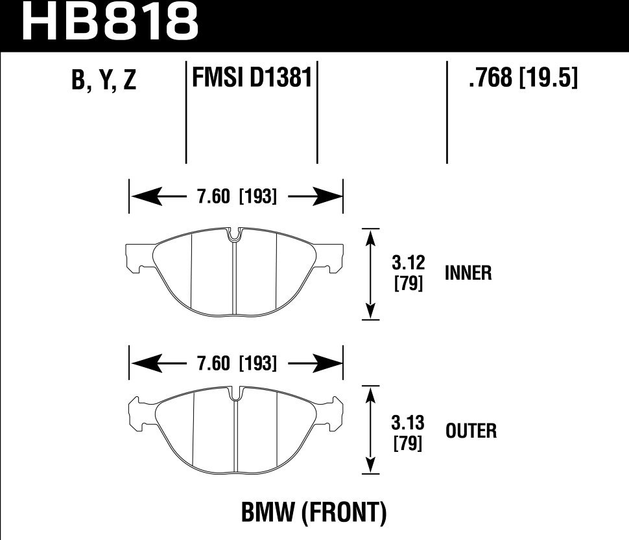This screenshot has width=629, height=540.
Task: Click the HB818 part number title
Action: [110, 23]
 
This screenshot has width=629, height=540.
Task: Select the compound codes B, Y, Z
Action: [104, 80]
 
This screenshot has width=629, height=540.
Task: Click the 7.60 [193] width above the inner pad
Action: [237, 196]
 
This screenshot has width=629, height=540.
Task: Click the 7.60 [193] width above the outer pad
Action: [237, 364]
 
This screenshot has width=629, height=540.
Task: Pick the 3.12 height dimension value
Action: [409, 264]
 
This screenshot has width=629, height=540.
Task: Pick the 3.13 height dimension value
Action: [409, 424]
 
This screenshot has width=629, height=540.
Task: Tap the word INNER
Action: [468, 273]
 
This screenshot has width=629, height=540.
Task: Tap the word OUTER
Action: [471, 431]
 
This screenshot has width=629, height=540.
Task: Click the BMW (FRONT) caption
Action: [314, 514]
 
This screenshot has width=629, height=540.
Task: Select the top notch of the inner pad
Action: [235, 234]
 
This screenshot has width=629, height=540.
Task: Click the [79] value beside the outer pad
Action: [409, 444]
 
